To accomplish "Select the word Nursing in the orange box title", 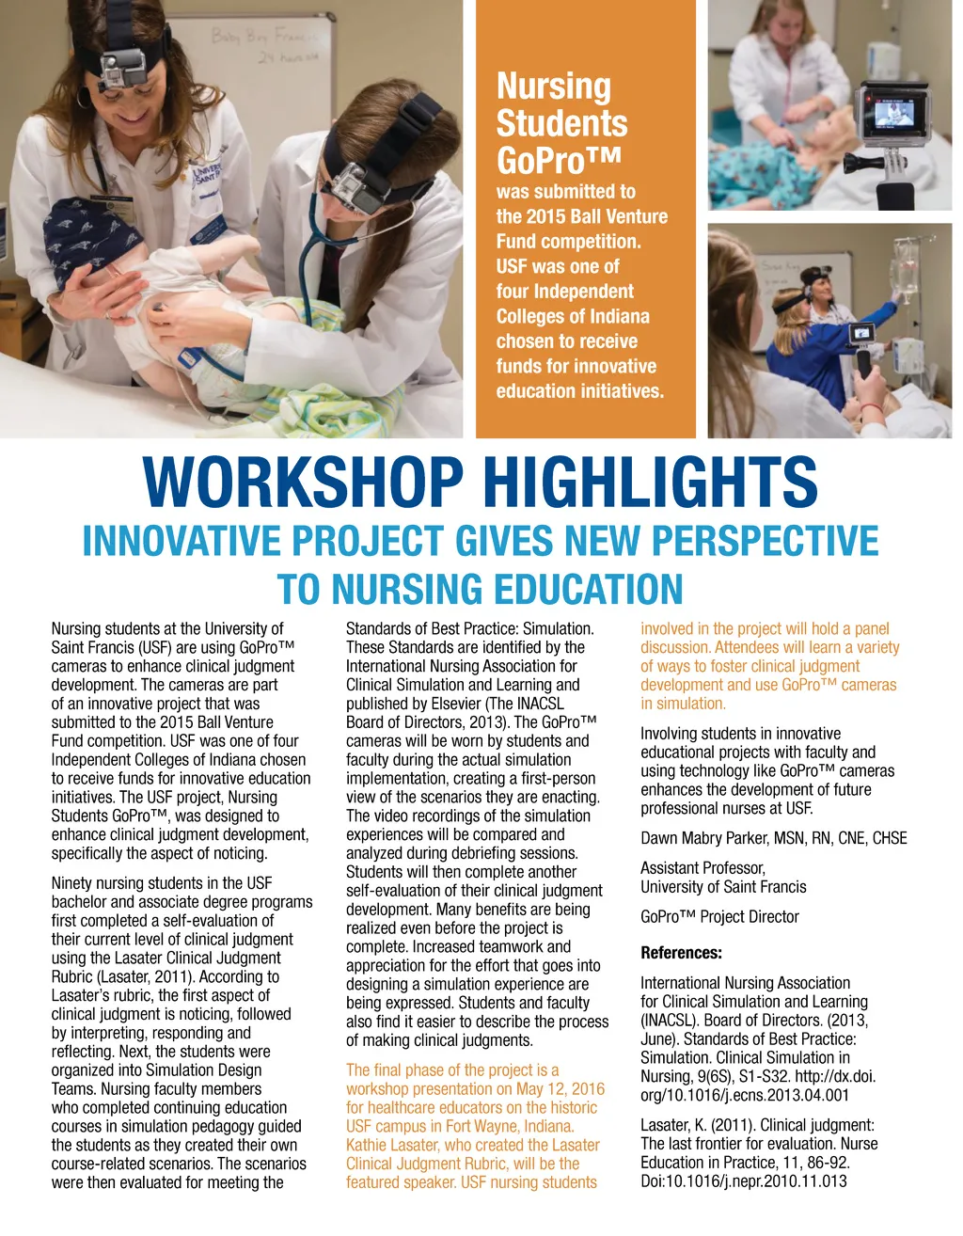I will coord(553,87).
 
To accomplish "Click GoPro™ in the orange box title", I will coord(546,161).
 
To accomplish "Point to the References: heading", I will coord(681,953).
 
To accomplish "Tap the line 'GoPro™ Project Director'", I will coord(719,916).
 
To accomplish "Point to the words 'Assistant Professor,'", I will coord(703,868).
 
